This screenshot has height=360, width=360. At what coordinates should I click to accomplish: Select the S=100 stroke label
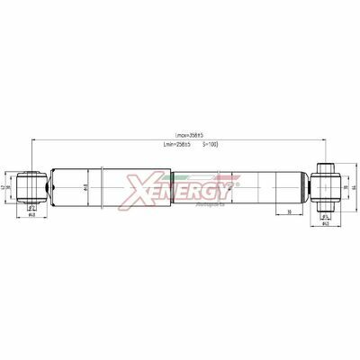tap(210, 145)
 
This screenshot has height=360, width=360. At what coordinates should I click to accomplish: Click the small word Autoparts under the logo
tap(208, 205)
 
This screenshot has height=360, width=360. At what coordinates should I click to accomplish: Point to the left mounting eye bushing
tap(31, 186)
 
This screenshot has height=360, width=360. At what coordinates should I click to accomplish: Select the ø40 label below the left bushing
tap(31, 216)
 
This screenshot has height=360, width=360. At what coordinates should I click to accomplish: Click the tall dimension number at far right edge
tap(355, 186)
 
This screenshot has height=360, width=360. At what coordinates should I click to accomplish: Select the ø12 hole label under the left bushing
tap(31, 207)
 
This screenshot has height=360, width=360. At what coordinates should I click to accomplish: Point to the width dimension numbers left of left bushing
tap(8, 186)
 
